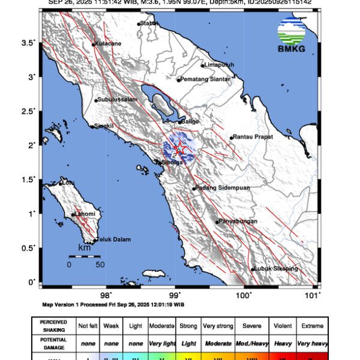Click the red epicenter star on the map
point(178,149)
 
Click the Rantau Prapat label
point(253,137)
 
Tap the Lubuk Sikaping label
point(277,269)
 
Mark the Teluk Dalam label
point(113,239)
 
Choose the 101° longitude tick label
point(313,295)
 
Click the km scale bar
point(84,257)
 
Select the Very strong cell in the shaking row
point(217,326)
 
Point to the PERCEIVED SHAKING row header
point(53,326)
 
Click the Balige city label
point(190,121)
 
